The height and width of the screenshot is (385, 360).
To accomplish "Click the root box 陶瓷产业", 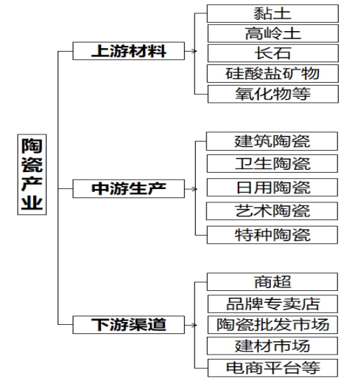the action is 32,174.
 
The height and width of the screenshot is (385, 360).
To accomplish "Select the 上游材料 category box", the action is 129,51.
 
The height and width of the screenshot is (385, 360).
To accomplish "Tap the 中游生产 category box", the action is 129,188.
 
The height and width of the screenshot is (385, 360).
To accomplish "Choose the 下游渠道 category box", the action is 129,325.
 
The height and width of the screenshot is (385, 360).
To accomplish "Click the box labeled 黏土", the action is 272,13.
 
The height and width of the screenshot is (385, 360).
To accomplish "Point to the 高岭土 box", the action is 273,33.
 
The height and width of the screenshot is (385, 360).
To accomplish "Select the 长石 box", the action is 273,53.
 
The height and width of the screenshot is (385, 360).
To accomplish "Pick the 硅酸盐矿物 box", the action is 272,74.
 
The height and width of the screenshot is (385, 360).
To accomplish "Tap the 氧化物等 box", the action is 273,94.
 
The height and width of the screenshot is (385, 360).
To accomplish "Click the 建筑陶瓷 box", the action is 272,141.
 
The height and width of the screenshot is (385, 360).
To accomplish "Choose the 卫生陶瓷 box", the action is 272,163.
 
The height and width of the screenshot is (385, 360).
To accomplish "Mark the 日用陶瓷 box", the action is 272,188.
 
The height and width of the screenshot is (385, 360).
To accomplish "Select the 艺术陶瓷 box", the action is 272,211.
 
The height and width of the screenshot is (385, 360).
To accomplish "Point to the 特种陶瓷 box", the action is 272,235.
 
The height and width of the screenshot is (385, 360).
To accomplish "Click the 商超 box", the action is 272,282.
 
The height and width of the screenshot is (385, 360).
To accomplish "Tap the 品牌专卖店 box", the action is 272,304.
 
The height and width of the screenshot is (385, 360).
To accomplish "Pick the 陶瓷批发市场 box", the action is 272,325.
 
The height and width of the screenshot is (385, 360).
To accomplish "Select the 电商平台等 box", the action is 272,368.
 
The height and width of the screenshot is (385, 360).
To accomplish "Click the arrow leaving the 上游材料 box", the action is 191,51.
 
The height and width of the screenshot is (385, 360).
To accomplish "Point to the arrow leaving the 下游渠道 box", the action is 191,325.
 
